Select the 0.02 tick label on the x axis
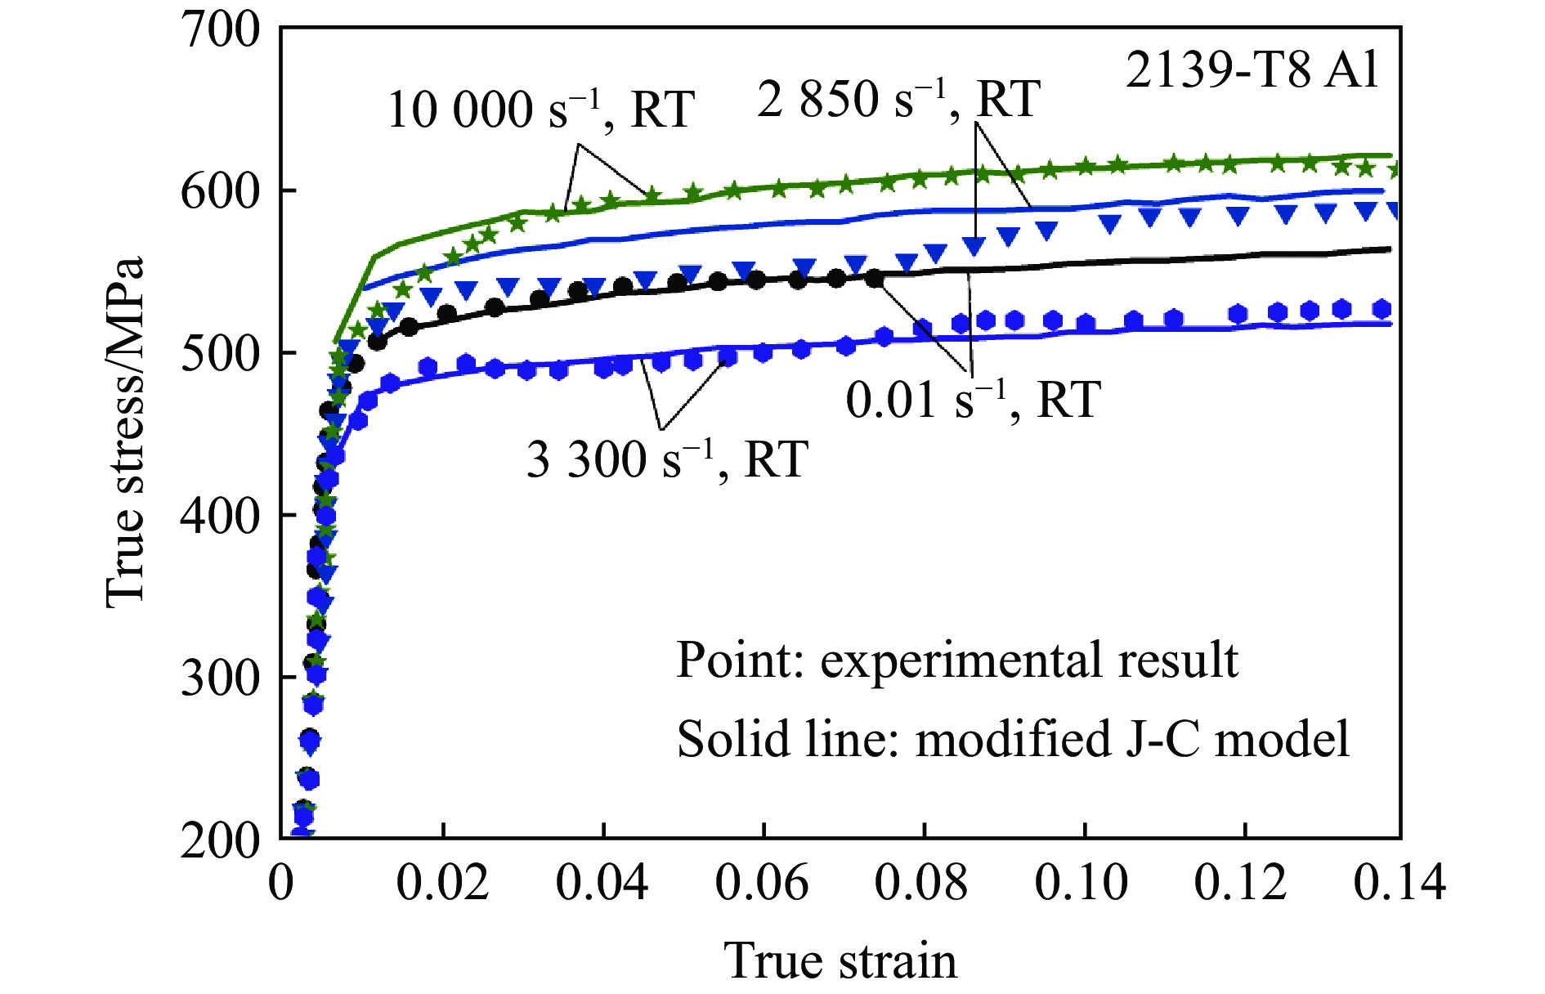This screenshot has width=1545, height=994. (442, 884)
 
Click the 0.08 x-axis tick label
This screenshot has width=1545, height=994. (921, 884)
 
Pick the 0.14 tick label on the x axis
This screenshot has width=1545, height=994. (1399, 884)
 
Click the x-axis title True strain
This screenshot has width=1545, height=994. (840, 960)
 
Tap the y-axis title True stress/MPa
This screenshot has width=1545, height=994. (125, 433)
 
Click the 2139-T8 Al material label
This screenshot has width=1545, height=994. (1252, 70)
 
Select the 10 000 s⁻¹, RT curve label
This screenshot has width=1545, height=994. (540, 110)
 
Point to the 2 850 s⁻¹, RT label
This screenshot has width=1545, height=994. (898, 100)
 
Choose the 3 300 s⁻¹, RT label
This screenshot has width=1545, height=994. (667, 459)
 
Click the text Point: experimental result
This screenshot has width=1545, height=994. (956, 660)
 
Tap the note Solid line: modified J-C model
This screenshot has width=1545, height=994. (1012, 740)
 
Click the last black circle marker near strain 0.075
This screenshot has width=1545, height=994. (875, 279)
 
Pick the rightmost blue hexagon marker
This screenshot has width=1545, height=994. (1382, 309)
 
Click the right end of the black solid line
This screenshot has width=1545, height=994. (1390, 248)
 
